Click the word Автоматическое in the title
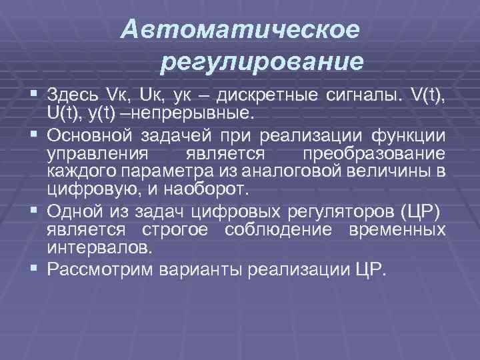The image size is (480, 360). (241, 29)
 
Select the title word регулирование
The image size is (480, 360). (262, 62)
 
